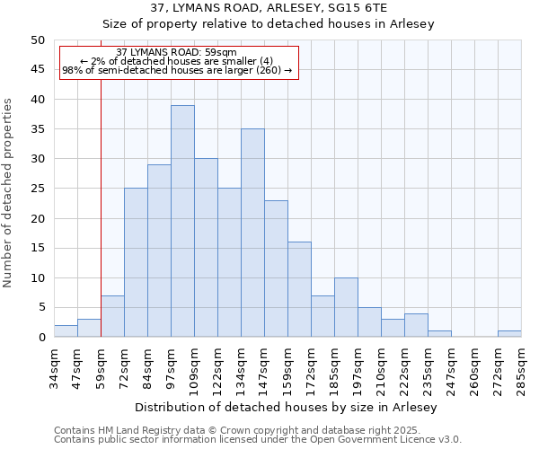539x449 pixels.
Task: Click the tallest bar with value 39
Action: [x=182, y=221]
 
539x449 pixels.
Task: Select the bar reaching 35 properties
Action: [x=252, y=233]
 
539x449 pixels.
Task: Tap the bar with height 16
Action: [x=299, y=289]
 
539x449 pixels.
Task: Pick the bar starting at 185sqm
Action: [x=346, y=307]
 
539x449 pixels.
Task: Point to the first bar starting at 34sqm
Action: [x=66, y=331]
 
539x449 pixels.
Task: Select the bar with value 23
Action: [x=276, y=269]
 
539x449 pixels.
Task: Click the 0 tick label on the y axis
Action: [x=40, y=338]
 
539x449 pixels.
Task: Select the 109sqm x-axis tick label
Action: [x=194, y=369]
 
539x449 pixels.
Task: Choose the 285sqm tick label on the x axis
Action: [x=521, y=369]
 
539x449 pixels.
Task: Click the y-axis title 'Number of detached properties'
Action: [x=9, y=193]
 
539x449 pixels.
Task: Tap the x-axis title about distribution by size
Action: [x=287, y=408]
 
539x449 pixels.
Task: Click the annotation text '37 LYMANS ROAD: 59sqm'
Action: [x=177, y=53]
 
